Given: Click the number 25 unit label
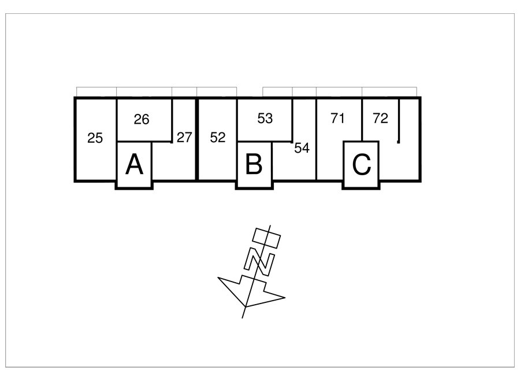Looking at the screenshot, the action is (x=95, y=138).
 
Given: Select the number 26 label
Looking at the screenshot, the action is (x=142, y=120).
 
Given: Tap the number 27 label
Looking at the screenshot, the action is (x=184, y=138).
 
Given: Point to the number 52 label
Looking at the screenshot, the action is (x=218, y=138).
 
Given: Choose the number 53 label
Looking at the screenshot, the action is (x=265, y=119).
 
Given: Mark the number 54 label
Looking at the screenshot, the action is (x=302, y=148).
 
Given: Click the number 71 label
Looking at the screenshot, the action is (x=337, y=118).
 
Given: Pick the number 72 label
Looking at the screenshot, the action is (x=380, y=118).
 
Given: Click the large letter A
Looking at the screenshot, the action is (x=134, y=165).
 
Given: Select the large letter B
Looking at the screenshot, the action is (x=254, y=164).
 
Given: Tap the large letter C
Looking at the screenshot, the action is (x=362, y=164).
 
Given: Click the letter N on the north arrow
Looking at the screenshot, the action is (x=259, y=261).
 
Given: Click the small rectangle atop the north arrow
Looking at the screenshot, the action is (x=266, y=237).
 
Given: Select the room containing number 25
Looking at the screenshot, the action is (x=96, y=139).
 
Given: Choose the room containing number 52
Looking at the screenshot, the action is (x=218, y=139).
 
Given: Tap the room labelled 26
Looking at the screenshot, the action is (x=144, y=120).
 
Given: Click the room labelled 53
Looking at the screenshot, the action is (x=265, y=120).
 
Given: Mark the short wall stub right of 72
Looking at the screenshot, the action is (x=399, y=121).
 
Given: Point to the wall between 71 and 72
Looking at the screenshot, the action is (x=362, y=120).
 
